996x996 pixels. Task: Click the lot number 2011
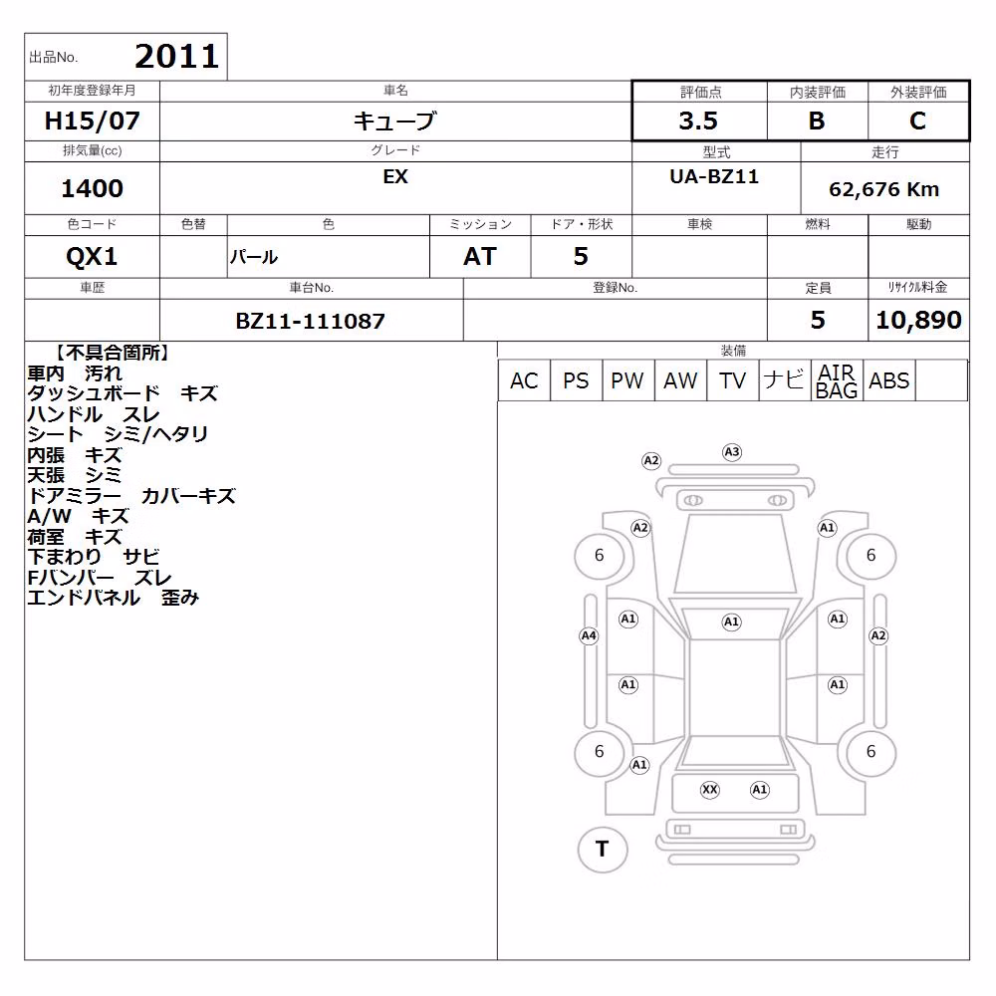[x=177, y=57]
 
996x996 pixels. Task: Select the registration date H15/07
[x=92, y=121]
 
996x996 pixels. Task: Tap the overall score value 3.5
[x=698, y=121]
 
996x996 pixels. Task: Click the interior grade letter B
[x=817, y=121]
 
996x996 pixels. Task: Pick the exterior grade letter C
[x=918, y=121]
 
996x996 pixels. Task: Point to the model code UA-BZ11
[x=714, y=176]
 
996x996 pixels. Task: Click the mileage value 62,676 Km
[x=884, y=189]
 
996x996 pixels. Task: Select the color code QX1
[x=92, y=257]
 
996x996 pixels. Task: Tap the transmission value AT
[x=480, y=257]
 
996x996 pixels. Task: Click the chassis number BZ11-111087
[x=311, y=321]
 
